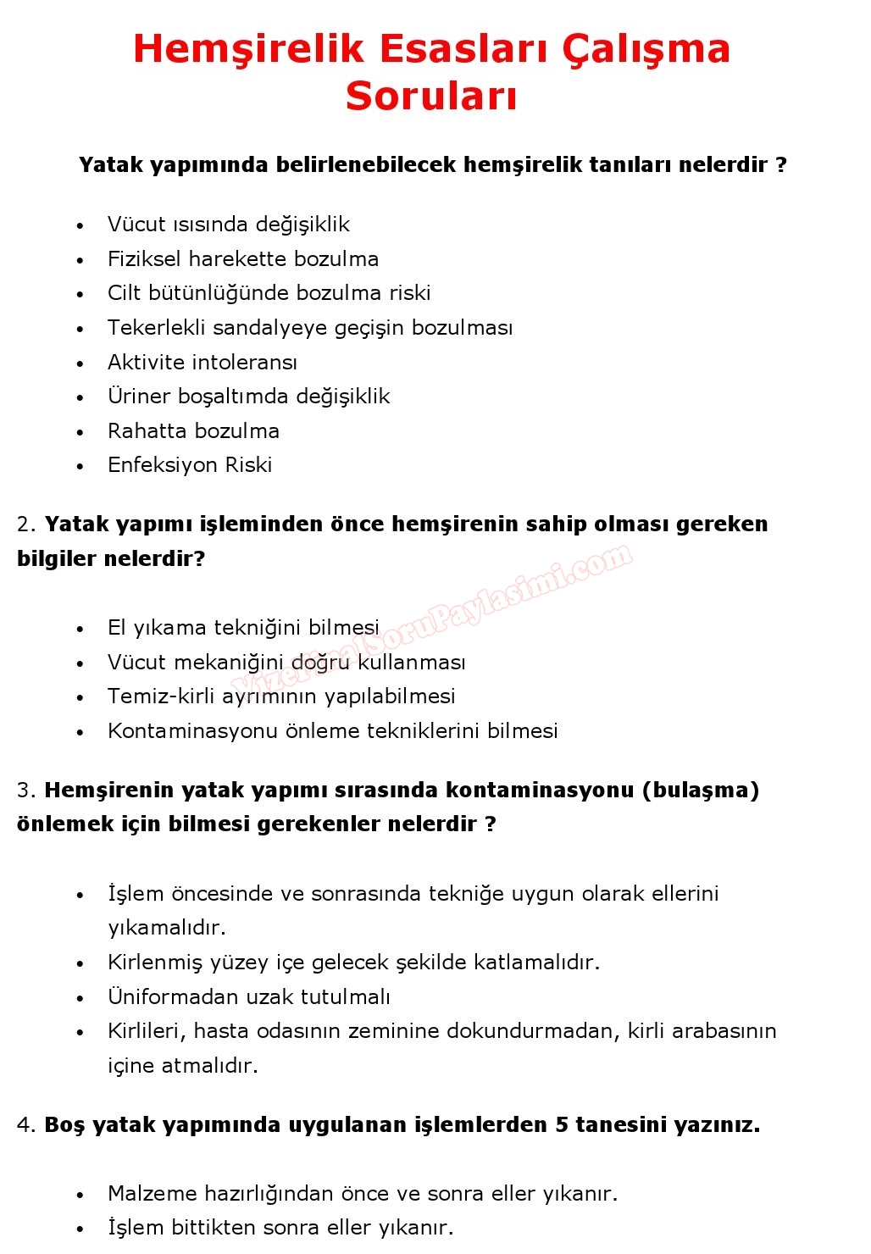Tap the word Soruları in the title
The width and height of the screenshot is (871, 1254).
point(431,96)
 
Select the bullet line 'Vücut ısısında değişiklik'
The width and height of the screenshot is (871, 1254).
point(228,225)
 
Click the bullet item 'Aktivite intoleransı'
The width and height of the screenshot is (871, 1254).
point(202,363)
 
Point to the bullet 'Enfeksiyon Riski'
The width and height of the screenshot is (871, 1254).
point(189,465)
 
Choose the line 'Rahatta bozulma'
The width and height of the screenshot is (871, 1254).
point(193,431)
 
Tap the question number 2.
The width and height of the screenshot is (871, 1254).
point(24,524)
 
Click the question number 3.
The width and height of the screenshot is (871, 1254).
point(24,791)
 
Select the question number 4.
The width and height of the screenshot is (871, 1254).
point(24,1125)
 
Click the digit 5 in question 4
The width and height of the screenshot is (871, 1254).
point(562,1125)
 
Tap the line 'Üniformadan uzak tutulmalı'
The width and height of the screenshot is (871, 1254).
point(248,997)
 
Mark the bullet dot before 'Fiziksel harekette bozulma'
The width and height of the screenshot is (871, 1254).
point(80,260)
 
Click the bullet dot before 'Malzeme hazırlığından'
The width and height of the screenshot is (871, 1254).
point(80,1195)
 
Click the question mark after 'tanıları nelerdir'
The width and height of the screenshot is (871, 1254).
point(781,164)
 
